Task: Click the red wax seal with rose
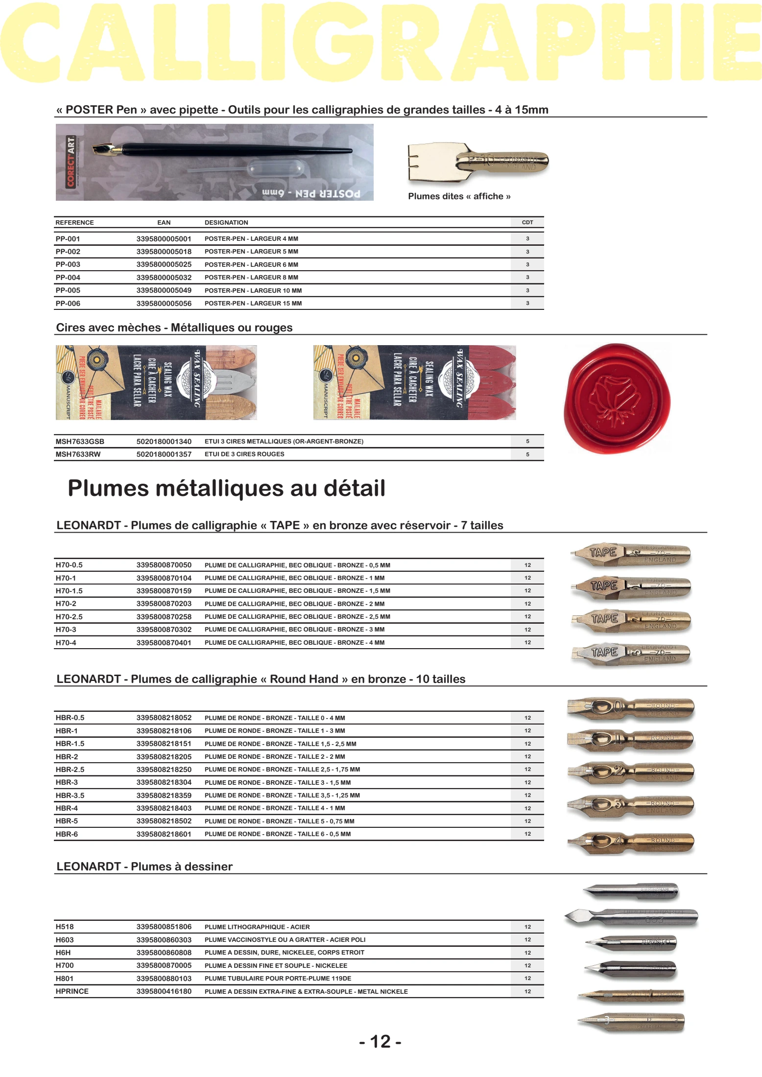tap(617, 398)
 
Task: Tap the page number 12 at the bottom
tap(381, 1041)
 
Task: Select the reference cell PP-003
tap(68, 264)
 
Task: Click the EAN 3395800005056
tap(164, 304)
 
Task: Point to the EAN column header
tap(164, 222)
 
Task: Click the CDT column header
tap(527, 222)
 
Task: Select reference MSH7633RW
tap(78, 454)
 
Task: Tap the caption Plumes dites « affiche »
tap(459, 196)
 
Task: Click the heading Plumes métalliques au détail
tap(226, 488)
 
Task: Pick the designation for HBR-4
tap(275, 808)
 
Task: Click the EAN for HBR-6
tap(164, 834)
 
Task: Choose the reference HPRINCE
tap(72, 991)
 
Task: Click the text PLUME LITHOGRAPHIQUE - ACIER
tap(257, 927)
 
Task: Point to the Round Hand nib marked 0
tap(631, 707)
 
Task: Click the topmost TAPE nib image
tap(631, 554)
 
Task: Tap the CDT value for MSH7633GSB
tap(527, 442)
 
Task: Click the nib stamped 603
tap(632, 917)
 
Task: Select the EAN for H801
tap(164, 979)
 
